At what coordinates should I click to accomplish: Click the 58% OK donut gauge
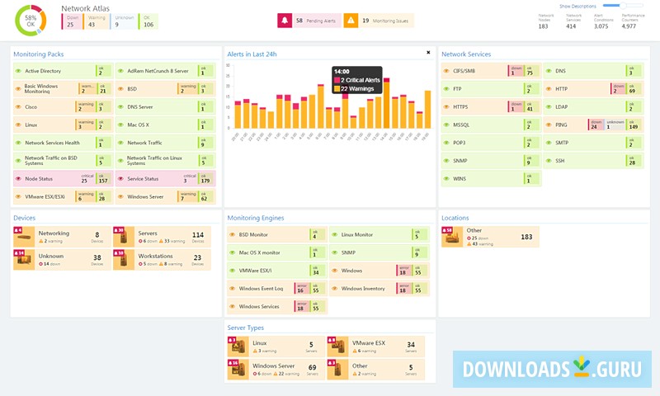pos(31,20)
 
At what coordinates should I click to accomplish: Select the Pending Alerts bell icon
pos(285,21)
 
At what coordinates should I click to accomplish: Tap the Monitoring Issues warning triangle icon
pos(351,21)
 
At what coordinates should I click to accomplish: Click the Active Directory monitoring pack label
pos(43,72)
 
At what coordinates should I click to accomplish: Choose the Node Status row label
pos(40,179)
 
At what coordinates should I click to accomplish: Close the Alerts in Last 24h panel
pos(428,52)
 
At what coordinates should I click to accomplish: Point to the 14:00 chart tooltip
pos(357,80)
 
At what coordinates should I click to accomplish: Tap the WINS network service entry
pos(460,178)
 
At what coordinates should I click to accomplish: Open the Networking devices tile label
pos(54,233)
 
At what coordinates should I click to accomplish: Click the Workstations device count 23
pos(197,257)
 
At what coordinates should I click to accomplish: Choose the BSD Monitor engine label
pos(253,235)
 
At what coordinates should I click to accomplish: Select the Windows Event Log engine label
pos(261,289)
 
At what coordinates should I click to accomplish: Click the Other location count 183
pos(526,237)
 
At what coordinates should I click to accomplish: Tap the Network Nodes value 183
pos(543,26)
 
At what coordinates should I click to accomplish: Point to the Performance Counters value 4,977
pos(629,26)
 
